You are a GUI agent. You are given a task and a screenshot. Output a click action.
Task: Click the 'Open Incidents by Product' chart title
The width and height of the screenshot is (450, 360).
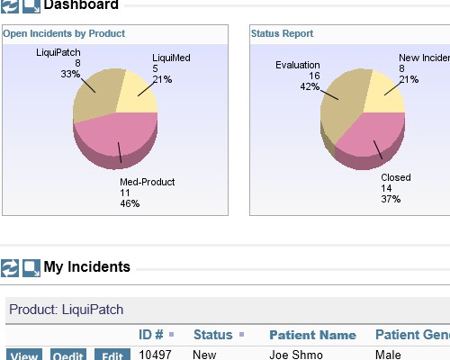tap(64, 34)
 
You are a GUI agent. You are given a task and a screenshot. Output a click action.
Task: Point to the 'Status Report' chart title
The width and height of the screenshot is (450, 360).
tap(283, 34)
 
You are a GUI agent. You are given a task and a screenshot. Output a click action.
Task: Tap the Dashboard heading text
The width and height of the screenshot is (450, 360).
tap(81, 5)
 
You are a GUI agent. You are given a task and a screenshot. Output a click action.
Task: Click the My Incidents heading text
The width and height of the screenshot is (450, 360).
tap(86, 266)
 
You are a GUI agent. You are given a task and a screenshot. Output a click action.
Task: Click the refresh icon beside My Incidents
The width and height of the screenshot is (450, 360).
tap(10, 267)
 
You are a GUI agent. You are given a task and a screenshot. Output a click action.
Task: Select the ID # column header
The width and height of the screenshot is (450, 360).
tap(151, 335)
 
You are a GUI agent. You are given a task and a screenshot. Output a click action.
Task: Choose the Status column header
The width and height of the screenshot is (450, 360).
tap(212, 335)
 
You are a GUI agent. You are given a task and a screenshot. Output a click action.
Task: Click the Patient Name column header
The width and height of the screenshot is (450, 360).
tap(312, 335)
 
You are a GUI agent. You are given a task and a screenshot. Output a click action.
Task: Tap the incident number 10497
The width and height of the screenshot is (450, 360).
tap(155, 355)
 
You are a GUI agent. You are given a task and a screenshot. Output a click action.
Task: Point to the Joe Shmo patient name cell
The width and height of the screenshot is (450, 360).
tap(294, 355)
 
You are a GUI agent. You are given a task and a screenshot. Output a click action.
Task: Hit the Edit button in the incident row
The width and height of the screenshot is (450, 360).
tap(112, 355)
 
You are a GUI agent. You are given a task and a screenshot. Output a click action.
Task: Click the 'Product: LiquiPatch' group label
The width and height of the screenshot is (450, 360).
tap(66, 310)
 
